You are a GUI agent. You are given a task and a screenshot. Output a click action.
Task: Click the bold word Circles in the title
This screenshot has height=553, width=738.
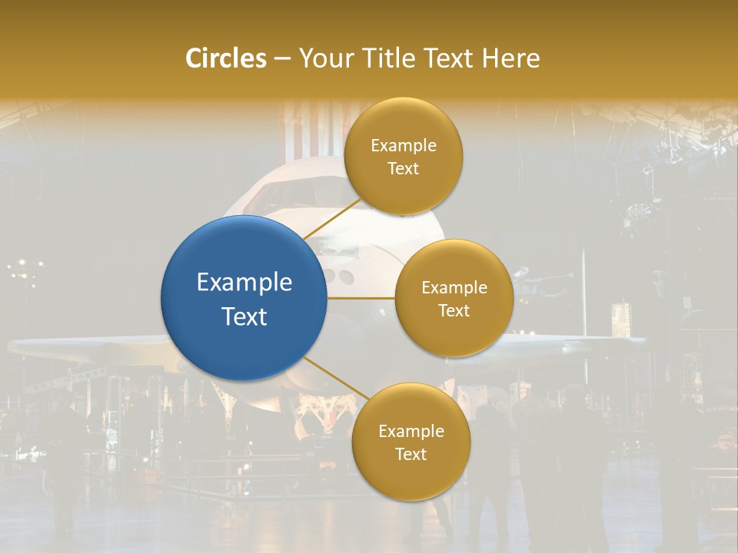pyautogui.click(x=225, y=58)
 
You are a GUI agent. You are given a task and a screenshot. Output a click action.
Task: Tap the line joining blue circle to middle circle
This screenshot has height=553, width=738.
pyautogui.click(x=361, y=297)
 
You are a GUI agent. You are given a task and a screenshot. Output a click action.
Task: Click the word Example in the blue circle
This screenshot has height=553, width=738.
pyautogui.click(x=244, y=283)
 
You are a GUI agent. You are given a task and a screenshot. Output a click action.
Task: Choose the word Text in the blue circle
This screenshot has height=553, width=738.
pyautogui.click(x=244, y=316)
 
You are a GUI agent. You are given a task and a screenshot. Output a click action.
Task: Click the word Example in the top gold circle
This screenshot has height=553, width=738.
pyautogui.click(x=403, y=146)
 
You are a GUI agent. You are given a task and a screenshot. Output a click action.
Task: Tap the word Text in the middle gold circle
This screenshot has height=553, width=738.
pyautogui.click(x=454, y=310)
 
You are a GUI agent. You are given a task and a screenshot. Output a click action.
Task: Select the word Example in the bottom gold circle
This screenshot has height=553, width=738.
pyautogui.click(x=411, y=431)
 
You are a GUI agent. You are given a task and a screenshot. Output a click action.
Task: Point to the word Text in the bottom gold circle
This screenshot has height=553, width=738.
pyautogui.click(x=411, y=454)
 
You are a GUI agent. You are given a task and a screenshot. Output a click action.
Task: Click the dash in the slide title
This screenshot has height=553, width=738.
pyautogui.click(x=282, y=59)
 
